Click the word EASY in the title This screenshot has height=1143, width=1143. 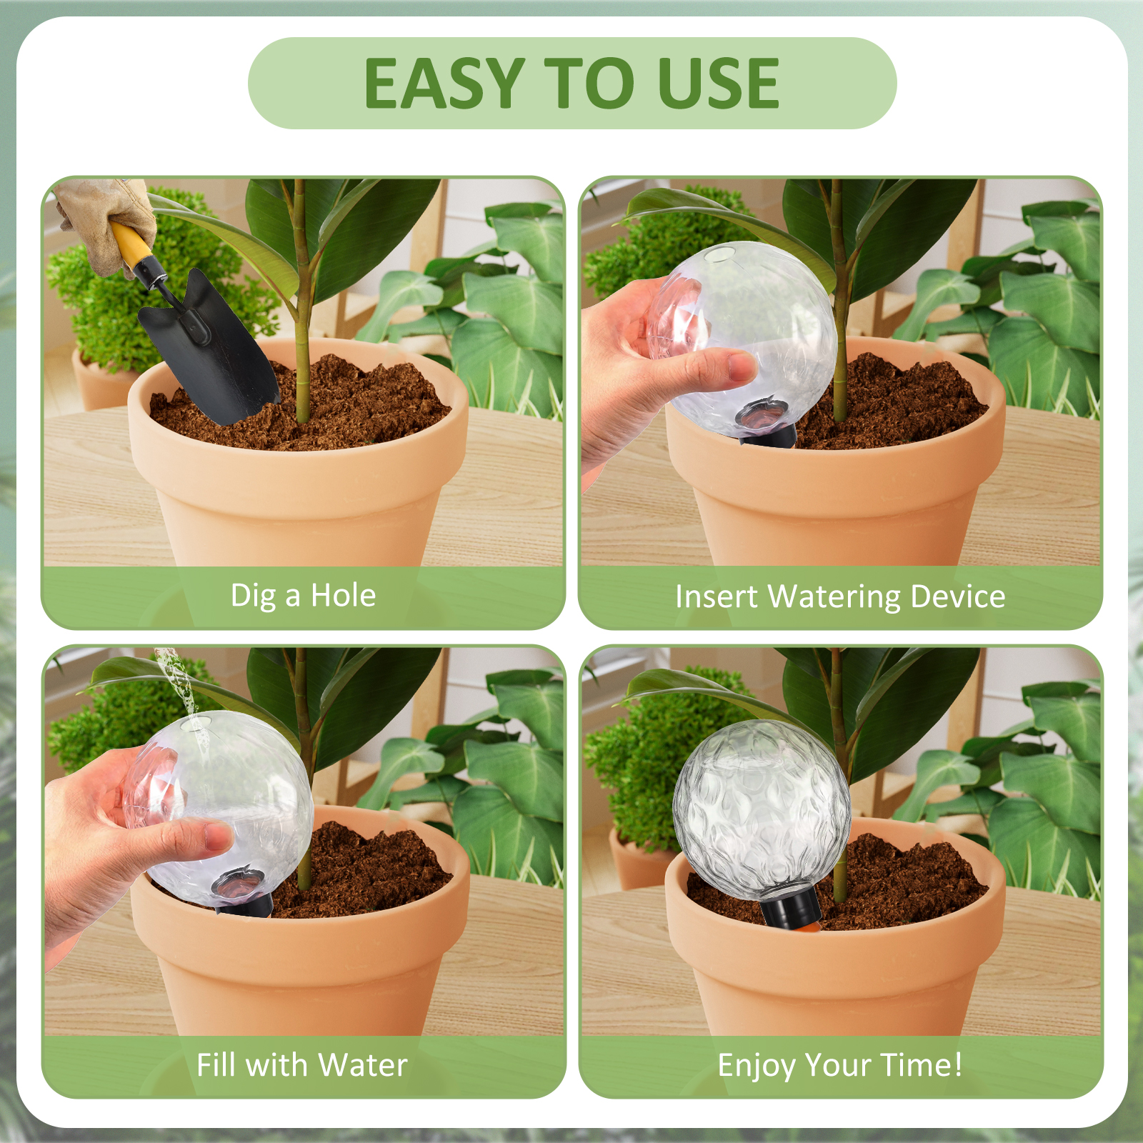[444, 84]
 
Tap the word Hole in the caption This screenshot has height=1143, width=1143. [343, 595]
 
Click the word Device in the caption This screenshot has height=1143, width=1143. [958, 597]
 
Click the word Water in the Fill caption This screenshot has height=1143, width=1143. [363, 1064]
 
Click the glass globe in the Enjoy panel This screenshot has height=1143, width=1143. [762, 811]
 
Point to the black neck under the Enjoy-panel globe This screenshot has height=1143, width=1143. [790, 907]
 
